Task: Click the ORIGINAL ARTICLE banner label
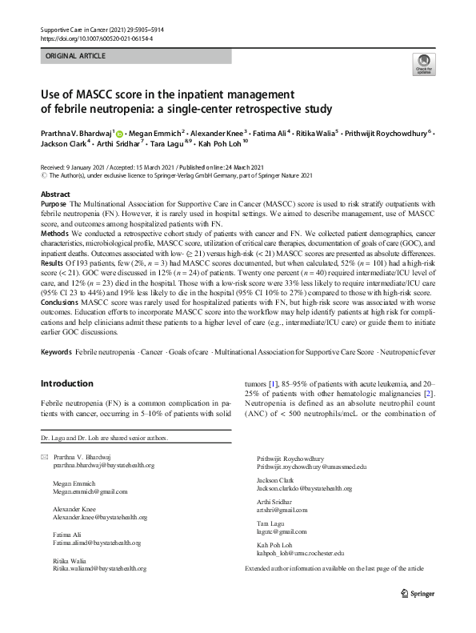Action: point(76,58)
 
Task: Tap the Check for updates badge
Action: point(423,65)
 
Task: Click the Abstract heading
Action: point(56,194)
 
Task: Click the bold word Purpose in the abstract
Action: point(54,205)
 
